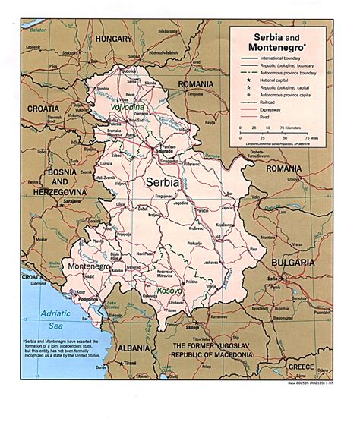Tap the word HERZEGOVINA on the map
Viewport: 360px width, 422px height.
click(x=28, y=192)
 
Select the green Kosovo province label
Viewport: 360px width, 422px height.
click(x=180, y=313)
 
